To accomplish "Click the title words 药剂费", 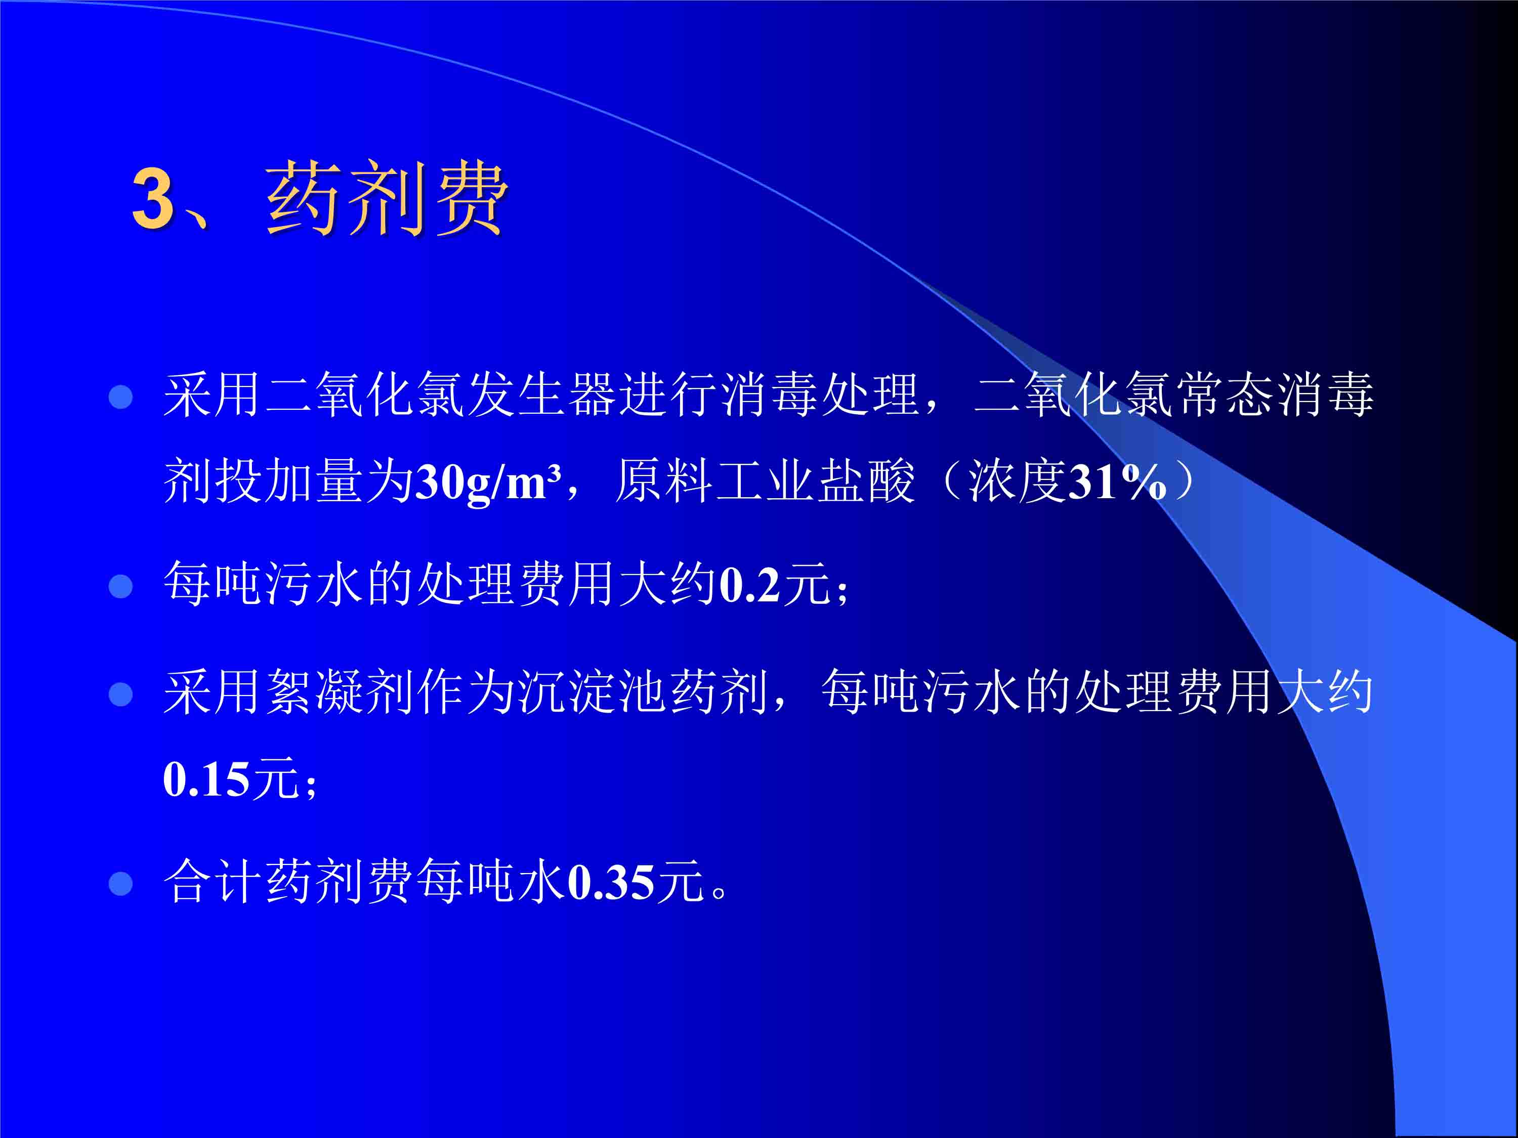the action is [x=387, y=199].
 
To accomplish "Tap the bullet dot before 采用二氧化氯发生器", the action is [x=121, y=397].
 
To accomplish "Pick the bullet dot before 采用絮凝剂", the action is [x=121, y=694].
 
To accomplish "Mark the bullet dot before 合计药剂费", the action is [x=121, y=884].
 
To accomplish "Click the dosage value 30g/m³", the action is [x=489, y=482].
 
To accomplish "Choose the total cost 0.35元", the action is [x=636, y=882].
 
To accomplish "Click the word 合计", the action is [x=213, y=882].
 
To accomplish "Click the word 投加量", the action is [x=264, y=481].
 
